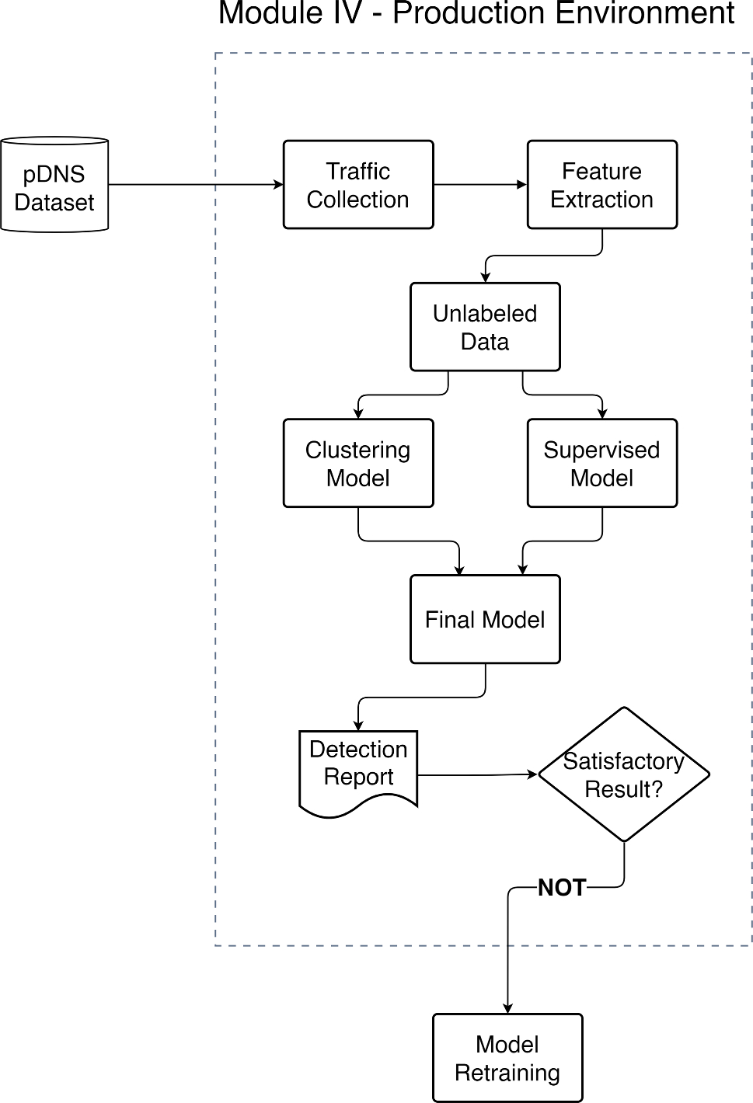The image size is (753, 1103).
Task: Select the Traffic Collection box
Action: click(358, 185)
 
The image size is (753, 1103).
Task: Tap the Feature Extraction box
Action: click(602, 185)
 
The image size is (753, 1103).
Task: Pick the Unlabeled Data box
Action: click(485, 327)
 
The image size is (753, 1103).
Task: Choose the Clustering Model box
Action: click(358, 464)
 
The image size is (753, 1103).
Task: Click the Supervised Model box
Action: click(602, 464)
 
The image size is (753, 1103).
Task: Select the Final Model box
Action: click(485, 619)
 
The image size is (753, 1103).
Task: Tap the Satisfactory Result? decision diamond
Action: click(624, 774)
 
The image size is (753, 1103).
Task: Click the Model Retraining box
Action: click(507, 1058)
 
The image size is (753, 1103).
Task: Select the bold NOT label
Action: click(562, 888)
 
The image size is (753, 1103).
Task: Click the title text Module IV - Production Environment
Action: click(476, 14)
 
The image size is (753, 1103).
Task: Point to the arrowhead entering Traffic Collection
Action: click(278, 185)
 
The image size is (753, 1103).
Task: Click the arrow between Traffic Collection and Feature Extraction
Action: click(479, 185)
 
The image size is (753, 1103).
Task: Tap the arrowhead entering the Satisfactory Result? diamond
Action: click(533, 774)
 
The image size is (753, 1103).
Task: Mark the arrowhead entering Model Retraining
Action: click(507, 1008)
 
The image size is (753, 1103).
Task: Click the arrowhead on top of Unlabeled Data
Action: click(486, 277)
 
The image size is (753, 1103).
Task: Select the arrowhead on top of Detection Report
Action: click(358, 725)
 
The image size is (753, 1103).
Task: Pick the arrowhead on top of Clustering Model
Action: click(358, 414)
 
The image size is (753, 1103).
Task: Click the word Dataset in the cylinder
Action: click(54, 203)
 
